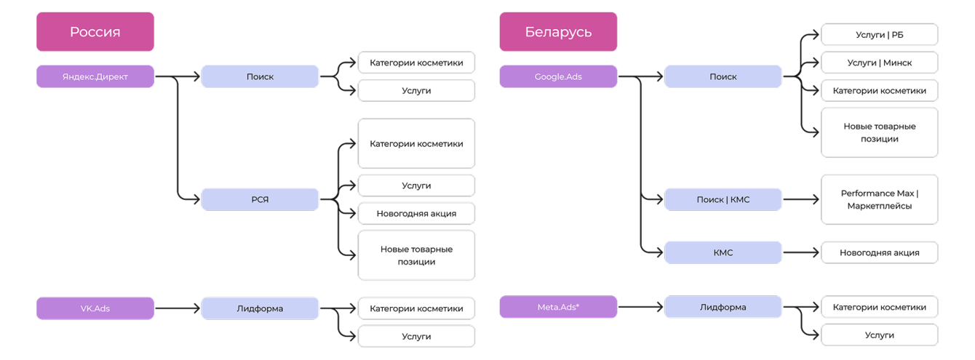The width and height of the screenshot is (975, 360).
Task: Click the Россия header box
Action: coord(95,32)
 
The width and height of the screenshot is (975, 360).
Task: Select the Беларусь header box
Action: coord(558,32)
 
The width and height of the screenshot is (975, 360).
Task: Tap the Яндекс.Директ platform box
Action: coord(95,76)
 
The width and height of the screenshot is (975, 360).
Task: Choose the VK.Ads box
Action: coord(95,308)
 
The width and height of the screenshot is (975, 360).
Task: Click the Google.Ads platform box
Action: coord(558,76)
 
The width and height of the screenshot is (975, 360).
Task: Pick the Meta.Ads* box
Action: coord(558,307)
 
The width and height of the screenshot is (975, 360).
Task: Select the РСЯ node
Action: coord(260,199)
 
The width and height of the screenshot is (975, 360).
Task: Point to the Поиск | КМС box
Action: coord(723,199)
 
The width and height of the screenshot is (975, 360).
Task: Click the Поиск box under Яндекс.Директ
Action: coord(260,76)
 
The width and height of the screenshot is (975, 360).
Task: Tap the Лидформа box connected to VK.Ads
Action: coord(260,308)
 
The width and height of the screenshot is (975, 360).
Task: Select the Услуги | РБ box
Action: coord(879,34)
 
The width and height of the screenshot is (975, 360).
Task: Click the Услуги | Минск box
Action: coord(879,63)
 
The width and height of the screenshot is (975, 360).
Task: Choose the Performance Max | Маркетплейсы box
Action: coord(879,199)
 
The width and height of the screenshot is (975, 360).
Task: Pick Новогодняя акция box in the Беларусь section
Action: coord(879,252)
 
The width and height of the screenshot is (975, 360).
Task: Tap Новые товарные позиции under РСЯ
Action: coord(416,255)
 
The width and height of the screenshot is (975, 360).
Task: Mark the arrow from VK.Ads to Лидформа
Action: coord(178,308)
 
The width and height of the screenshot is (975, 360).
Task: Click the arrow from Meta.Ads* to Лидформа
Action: coord(640,307)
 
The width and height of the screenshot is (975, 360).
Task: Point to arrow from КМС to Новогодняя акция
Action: coord(801,252)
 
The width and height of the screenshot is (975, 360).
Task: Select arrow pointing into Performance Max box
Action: coord(801,199)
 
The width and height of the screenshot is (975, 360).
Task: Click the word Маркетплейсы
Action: coord(879,206)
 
